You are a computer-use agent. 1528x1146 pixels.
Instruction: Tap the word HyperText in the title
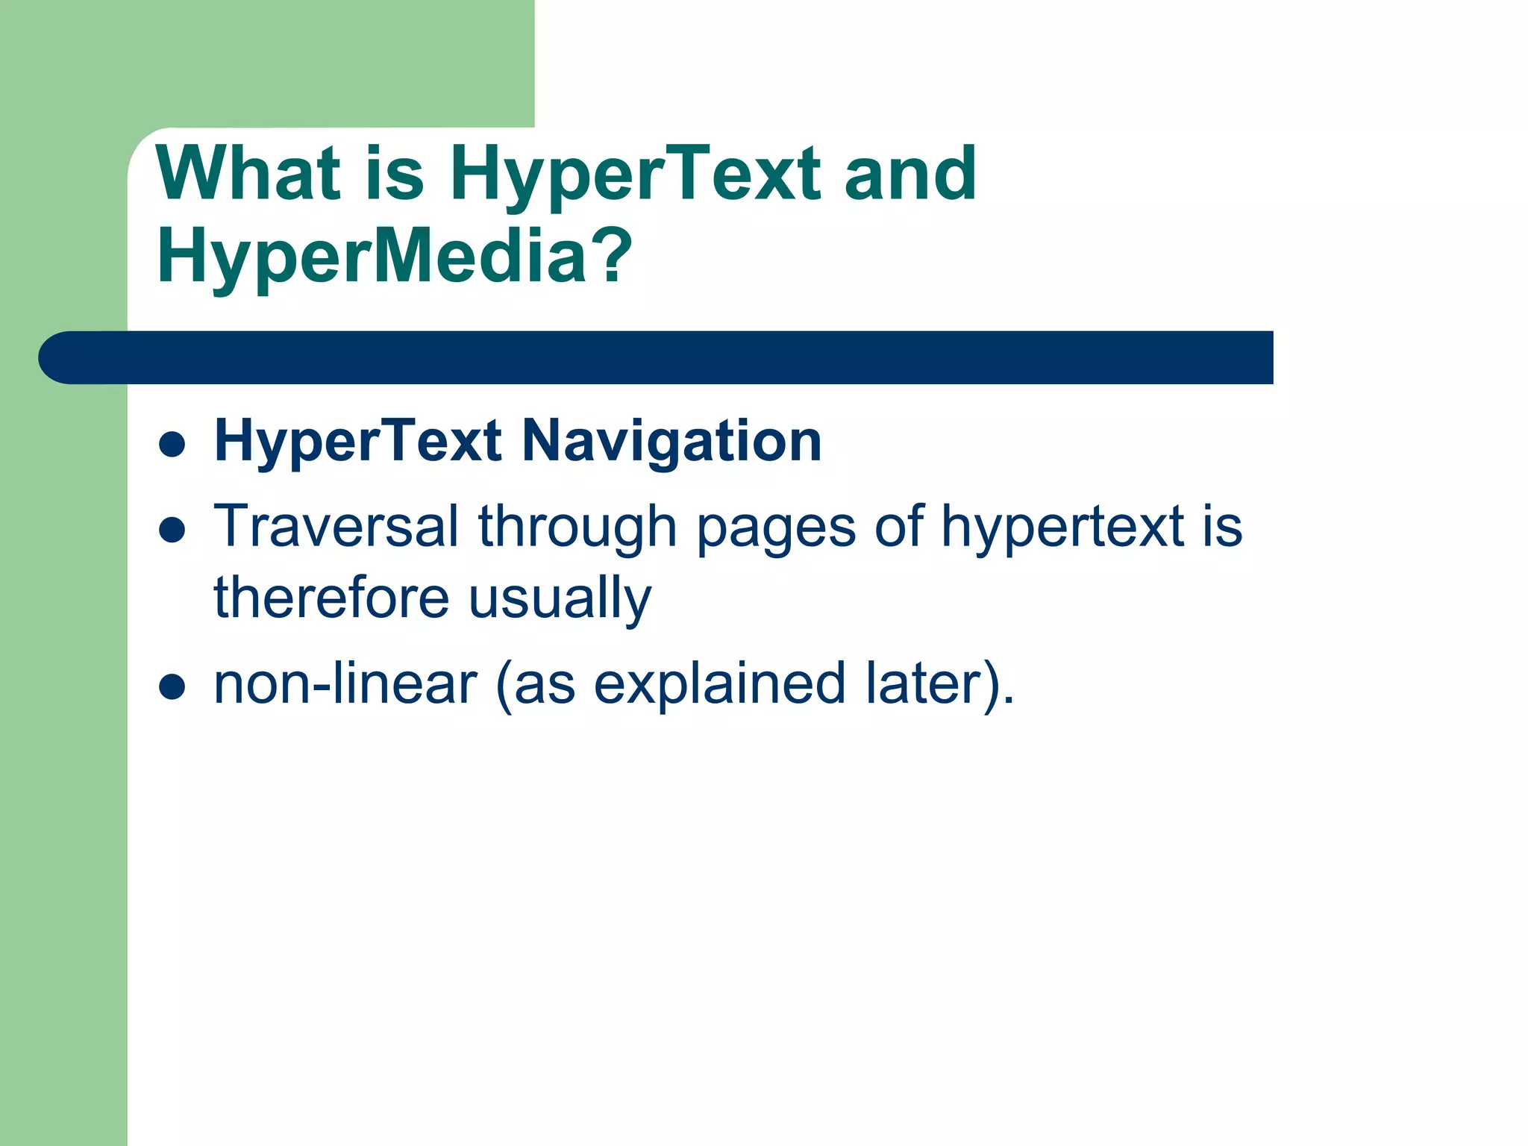pos(635,176)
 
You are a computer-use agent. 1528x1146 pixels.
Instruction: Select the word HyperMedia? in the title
pos(394,257)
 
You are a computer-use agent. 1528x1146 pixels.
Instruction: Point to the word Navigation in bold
pos(671,442)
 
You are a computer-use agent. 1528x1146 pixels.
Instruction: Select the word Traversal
pos(336,526)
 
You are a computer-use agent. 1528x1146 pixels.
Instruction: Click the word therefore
pos(331,598)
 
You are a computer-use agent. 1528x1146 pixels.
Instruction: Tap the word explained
pos(719,685)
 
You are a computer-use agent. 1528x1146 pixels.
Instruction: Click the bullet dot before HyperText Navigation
pos(172,445)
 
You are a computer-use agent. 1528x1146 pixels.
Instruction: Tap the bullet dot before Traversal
pos(172,530)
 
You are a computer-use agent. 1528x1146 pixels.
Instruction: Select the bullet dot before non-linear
pos(172,688)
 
